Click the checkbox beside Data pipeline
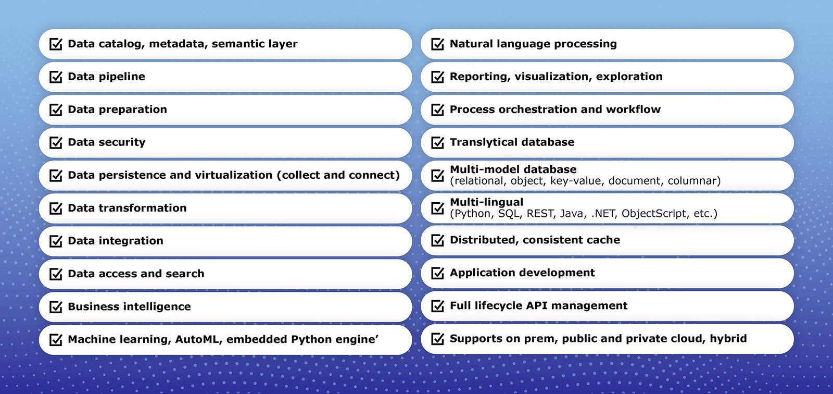[x=56, y=77]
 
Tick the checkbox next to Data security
[x=56, y=142]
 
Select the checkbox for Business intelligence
[x=56, y=306]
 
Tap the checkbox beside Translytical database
[x=438, y=142]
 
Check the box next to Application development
[x=438, y=273]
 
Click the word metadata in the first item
[x=178, y=44]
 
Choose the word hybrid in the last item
[x=728, y=339]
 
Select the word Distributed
[x=484, y=240]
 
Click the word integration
[x=131, y=241]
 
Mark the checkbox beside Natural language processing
[x=438, y=44]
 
